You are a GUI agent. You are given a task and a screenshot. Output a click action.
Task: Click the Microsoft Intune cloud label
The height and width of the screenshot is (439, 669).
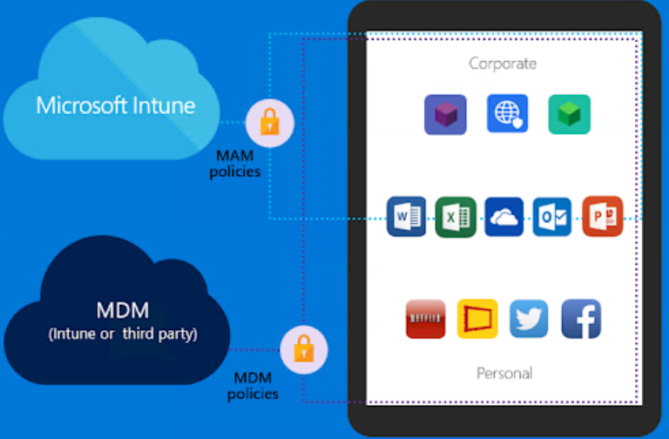[x=115, y=106]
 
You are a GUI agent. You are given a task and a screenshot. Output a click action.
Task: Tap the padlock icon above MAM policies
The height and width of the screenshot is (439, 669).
[x=270, y=122]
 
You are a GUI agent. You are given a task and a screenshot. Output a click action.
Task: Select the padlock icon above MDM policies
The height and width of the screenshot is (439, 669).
[x=304, y=350]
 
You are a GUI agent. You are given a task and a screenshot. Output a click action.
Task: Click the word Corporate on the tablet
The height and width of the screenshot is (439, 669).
[x=503, y=63]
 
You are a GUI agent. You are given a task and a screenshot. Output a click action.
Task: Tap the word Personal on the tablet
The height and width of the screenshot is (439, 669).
[x=504, y=373]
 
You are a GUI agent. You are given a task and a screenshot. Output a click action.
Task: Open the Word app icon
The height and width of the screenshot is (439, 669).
[x=407, y=217]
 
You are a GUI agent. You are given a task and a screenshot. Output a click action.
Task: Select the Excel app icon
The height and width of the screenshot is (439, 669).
[x=455, y=217]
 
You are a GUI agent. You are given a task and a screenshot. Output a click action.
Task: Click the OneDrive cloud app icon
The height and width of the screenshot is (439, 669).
[x=503, y=217]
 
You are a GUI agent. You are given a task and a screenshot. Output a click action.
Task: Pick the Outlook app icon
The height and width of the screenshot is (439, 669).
[x=552, y=217]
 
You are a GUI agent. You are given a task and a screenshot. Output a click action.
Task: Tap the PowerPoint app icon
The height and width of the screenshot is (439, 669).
[x=602, y=217]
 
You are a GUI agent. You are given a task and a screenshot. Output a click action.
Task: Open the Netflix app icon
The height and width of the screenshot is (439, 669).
[x=426, y=320]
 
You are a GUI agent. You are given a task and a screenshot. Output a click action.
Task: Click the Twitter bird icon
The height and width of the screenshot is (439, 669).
[x=529, y=320]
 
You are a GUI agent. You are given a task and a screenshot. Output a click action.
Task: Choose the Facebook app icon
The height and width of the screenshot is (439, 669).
[x=581, y=320]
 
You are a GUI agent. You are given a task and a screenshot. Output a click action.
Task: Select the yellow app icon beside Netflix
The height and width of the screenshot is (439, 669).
[x=477, y=320]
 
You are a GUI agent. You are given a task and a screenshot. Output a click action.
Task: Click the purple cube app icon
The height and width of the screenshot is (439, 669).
[x=445, y=114]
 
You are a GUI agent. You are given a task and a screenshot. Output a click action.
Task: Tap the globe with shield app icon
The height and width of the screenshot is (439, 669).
[x=507, y=114]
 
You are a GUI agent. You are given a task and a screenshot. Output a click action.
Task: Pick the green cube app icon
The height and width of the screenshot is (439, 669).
[x=569, y=114]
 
